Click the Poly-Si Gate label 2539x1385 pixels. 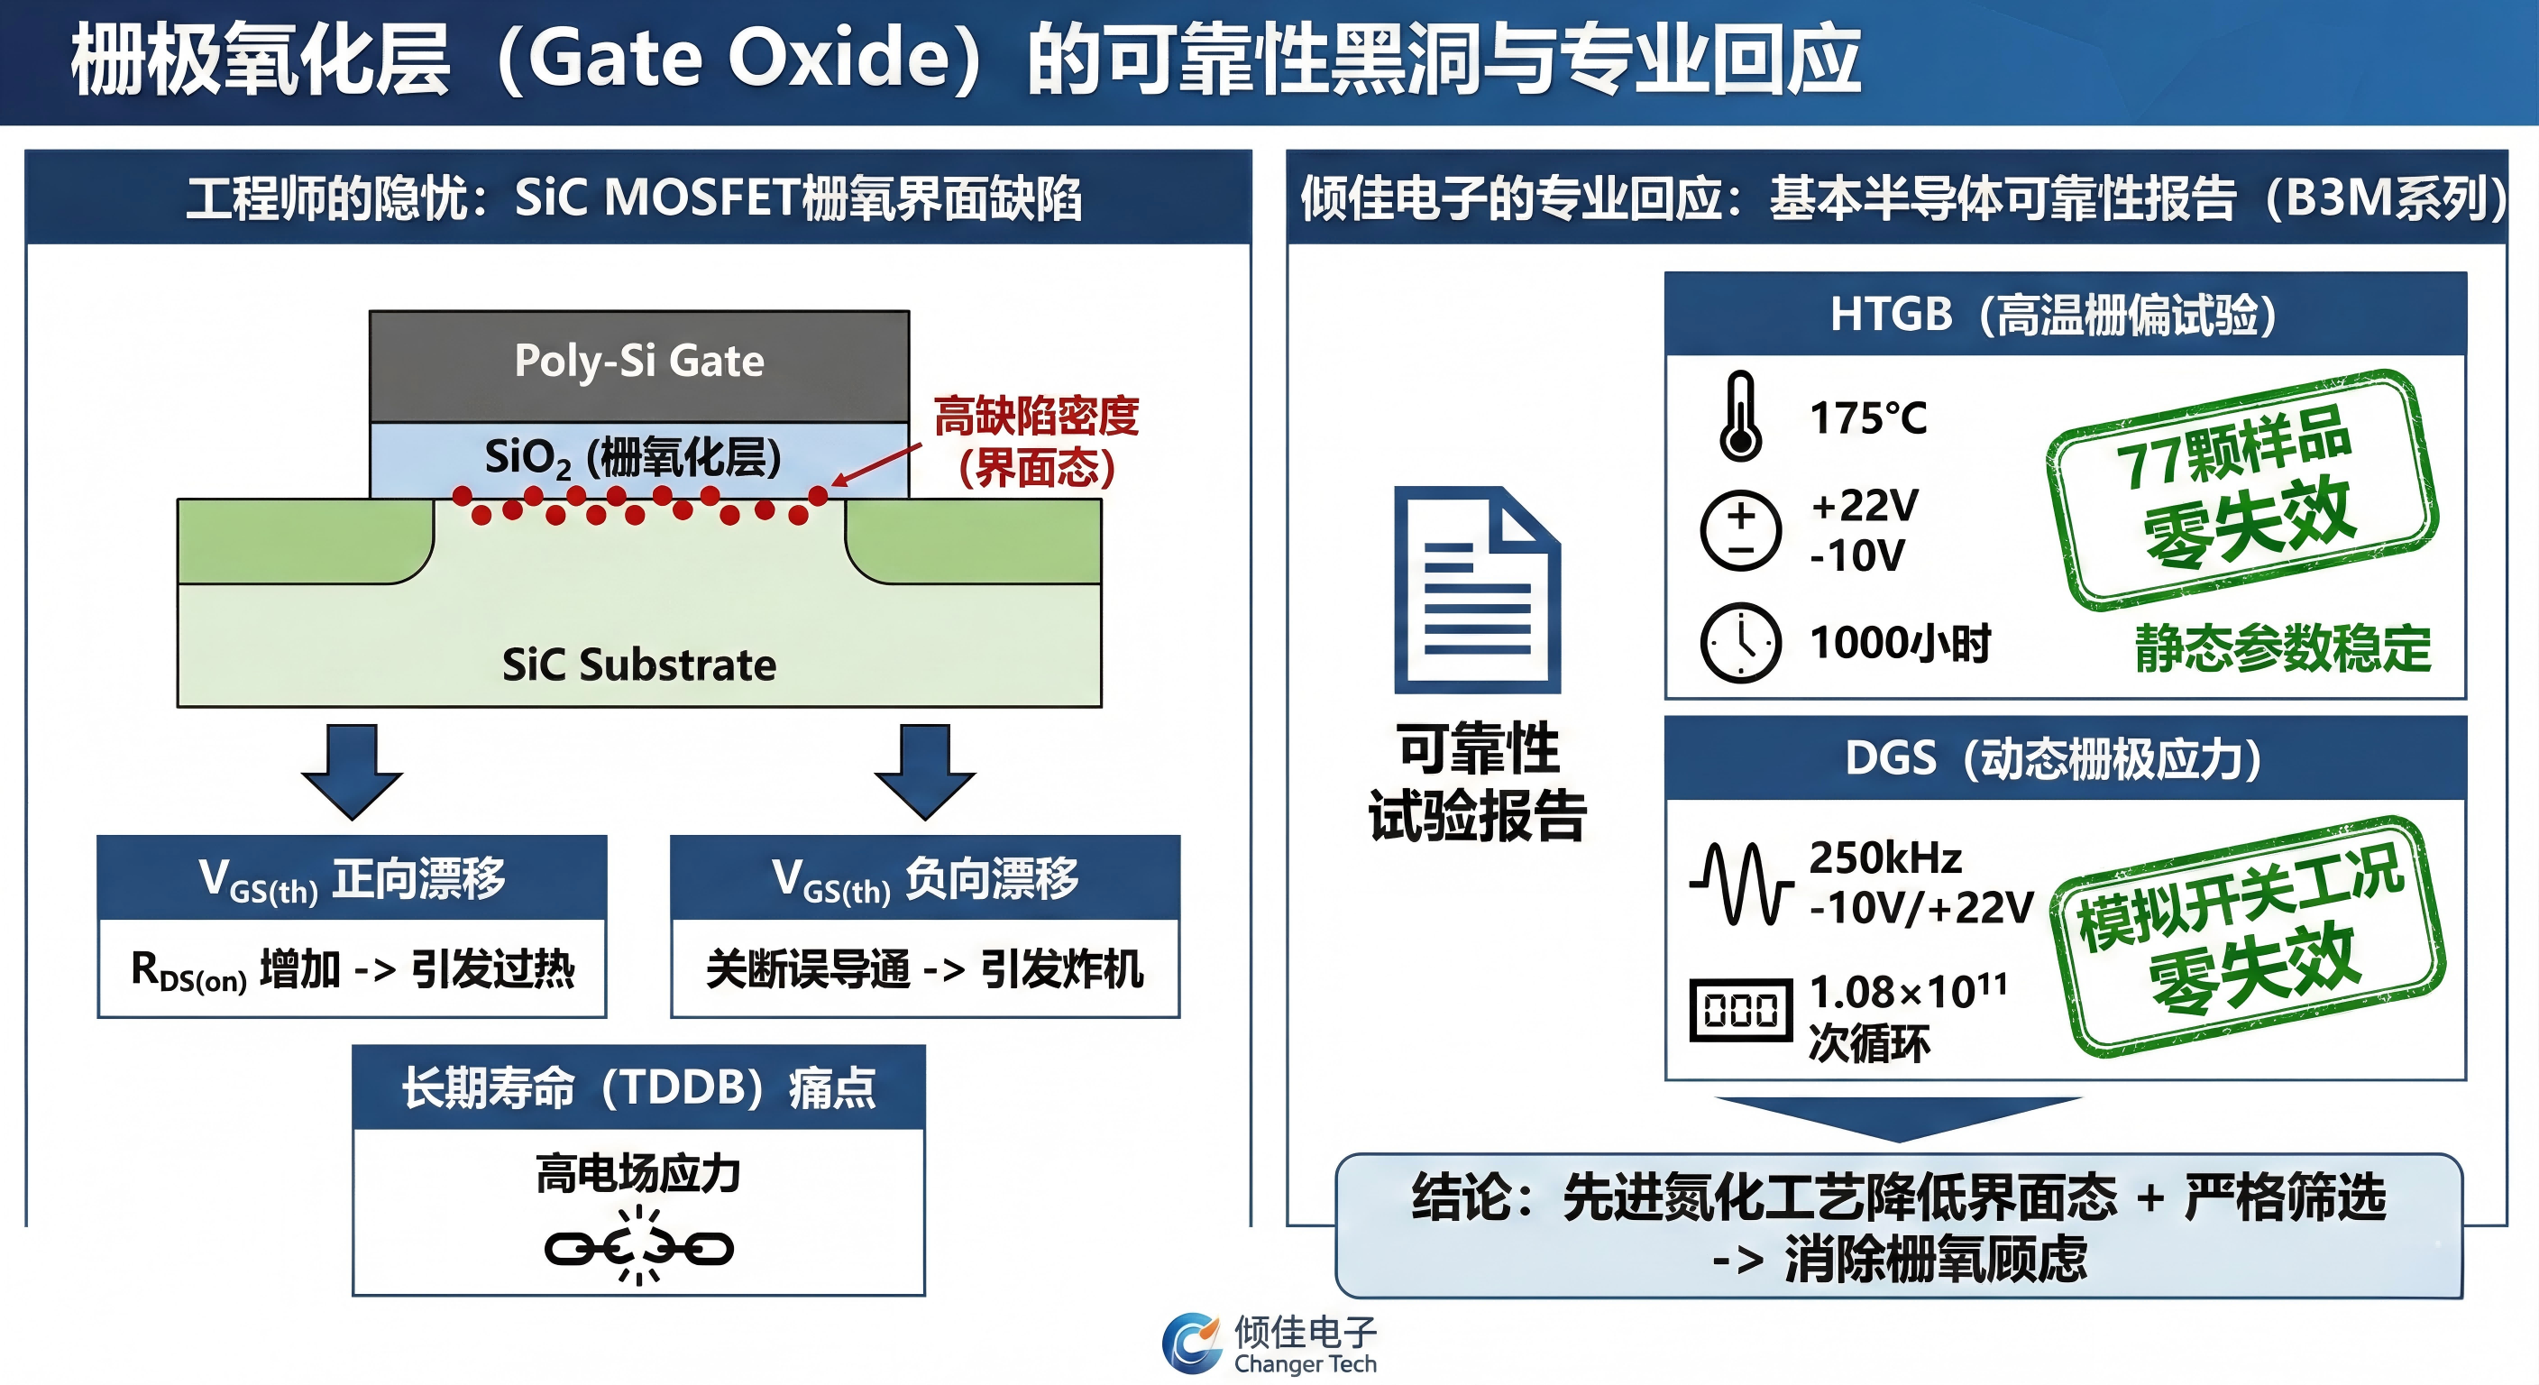tap(638, 361)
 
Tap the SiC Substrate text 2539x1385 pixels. tap(638, 665)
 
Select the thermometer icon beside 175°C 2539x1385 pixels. tap(1741, 416)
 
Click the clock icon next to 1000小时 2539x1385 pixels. tap(1741, 643)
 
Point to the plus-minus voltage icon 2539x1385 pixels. tap(1741, 530)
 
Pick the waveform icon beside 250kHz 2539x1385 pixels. tap(1741, 884)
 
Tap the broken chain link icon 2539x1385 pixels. tap(638, 1248)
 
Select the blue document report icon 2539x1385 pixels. tap(1478, 590)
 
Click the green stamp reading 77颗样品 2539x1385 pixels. tap(2242, 490)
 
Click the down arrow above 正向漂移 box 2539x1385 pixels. tap(352, 773)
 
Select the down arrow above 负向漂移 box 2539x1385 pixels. tap(924, 773)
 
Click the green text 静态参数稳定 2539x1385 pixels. tap(2283, 648)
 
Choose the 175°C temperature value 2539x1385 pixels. tap(1869, 418)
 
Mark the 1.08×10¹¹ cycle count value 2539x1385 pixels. tap(1908, 991)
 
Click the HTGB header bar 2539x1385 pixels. tap(2066, 314)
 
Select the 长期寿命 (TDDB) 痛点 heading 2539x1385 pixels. tap(638, 1088)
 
